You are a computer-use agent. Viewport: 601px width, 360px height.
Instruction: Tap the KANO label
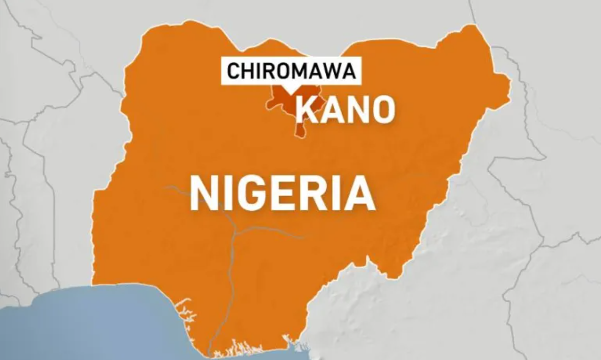click(345, 110)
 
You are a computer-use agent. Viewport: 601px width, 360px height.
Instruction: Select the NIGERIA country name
click(282, 193)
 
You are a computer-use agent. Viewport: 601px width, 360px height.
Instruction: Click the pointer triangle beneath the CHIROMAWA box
click(287, 89)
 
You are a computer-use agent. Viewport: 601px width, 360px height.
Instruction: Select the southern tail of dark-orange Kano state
click(300, 130)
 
